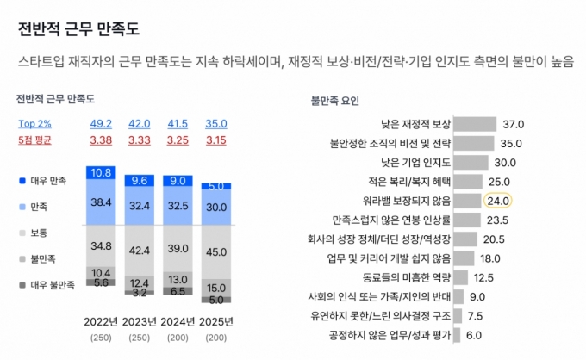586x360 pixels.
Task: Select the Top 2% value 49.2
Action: (101, 123)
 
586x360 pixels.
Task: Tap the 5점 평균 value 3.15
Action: (216, 140)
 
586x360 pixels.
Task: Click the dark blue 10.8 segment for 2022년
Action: (101, 172)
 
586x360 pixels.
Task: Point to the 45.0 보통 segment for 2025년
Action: (216, 252)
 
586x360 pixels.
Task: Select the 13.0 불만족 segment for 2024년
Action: (178, 279)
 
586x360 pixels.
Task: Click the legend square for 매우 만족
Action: (22, 181)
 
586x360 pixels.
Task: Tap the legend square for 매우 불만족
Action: (22, 285)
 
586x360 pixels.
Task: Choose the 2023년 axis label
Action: (140, 321)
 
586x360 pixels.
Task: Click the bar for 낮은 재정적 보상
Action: (475, 124)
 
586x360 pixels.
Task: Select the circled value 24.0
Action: (499, 201)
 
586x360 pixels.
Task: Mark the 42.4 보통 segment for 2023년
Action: (140, 251)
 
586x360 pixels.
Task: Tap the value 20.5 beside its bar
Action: (495, 239)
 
